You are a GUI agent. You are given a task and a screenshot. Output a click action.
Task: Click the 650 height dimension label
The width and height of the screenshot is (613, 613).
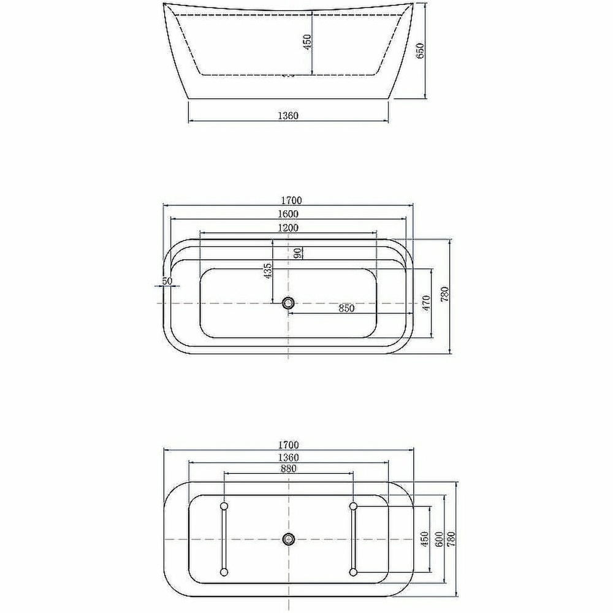tap(421, 51)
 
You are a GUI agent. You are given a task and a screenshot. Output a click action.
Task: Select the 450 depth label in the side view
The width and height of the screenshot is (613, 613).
tap(308, 42)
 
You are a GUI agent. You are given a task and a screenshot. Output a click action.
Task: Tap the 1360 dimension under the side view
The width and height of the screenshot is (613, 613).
tap(287, 115)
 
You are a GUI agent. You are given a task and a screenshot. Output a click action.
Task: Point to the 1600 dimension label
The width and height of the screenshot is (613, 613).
tap(287, 214)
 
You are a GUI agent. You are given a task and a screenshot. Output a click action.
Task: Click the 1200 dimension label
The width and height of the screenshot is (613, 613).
tap(287, 228)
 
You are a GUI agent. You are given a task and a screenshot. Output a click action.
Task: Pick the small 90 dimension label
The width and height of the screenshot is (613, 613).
tap(297, 253)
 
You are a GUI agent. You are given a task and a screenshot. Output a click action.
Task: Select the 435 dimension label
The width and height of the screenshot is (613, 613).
tap(268, 271)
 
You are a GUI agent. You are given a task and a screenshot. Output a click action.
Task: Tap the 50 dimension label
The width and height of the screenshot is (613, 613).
tap(167, 281)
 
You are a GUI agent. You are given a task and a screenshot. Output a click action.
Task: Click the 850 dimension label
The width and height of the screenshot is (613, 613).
tap(346, 308)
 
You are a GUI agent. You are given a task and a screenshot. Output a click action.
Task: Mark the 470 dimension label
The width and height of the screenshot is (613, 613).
tap(427, 303)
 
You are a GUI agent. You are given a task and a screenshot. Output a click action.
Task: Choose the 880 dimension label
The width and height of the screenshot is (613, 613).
tap(288, 469)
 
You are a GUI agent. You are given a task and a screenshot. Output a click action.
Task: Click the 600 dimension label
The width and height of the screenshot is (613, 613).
tap(439, 539)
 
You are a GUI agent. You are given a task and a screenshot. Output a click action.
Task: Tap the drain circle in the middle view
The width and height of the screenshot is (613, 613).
tap(288, 303)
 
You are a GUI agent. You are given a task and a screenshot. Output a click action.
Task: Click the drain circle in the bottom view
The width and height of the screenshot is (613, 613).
tap(288, 539)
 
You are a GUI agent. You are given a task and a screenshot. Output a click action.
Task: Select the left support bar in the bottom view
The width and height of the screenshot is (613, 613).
tap(224, 539)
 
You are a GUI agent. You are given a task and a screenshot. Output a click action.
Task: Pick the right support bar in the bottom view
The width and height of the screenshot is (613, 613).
tap(352, 539)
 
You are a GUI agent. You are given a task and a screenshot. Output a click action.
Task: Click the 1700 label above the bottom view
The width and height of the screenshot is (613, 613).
tap(287, 445)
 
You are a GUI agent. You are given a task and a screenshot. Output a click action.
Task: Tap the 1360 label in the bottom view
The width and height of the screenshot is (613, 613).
tap(287, 458)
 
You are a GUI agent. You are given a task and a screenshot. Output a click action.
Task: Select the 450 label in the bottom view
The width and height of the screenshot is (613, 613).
tap(424, 539)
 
